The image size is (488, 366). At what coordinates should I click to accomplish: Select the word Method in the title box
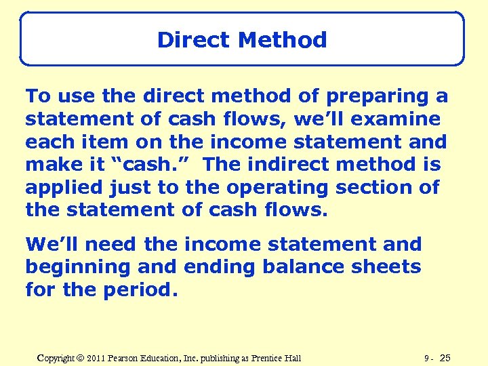(283, 40)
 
